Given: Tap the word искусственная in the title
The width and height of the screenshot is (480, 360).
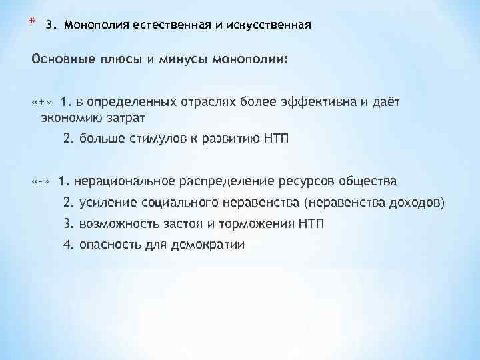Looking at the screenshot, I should (271, 26).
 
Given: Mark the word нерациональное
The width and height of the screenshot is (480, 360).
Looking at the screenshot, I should (123, 181).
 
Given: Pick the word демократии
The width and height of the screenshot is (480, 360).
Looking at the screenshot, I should (208, 245).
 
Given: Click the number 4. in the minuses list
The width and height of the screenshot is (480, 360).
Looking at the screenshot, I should (68, 245).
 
